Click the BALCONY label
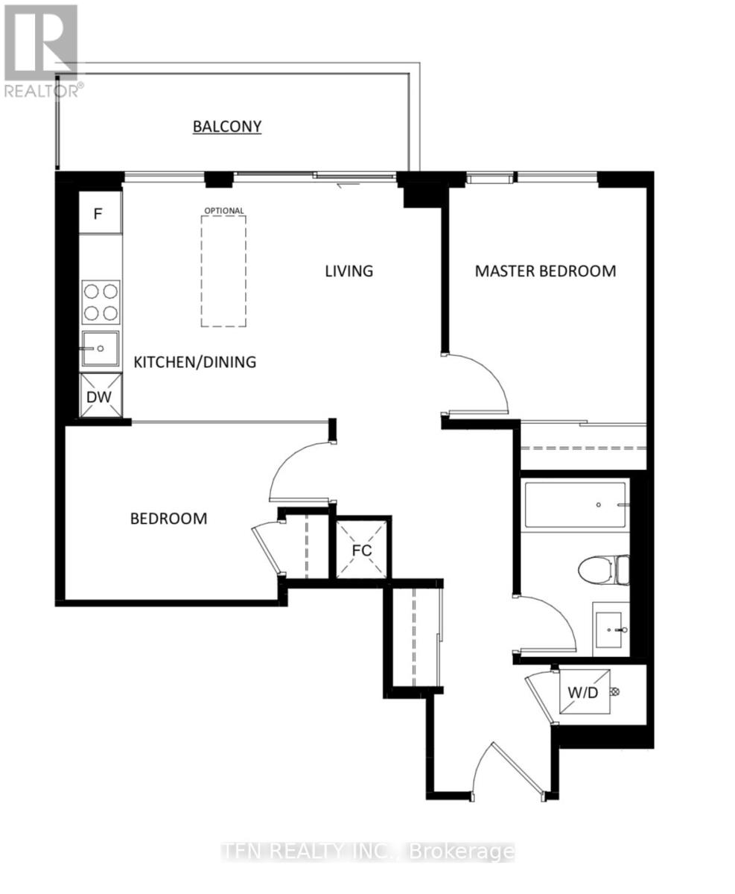point(227,127)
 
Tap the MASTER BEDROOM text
point(545,270)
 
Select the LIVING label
point(349,270)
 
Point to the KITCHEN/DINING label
point(195,362)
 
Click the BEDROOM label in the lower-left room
point(168,519)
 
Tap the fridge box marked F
point(100,214)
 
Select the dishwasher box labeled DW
point(100,396)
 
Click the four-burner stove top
point(100,302)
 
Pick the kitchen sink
point(100,349)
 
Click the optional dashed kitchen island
point(223,271)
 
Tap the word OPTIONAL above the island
point(223,211)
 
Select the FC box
point(361,549)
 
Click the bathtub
point(574,505)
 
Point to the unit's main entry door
point(506,771)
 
